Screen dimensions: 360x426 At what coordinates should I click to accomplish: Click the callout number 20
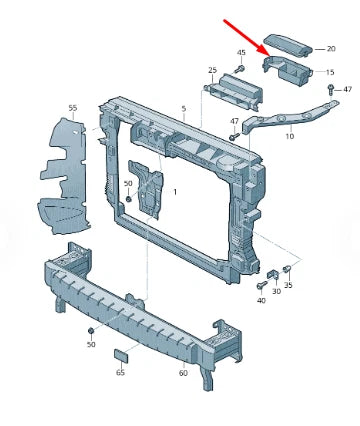331,49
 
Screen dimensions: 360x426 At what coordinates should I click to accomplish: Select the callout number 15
330,72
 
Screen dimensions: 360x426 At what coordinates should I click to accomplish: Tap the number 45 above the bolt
241,53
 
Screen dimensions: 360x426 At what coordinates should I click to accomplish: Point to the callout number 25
212,70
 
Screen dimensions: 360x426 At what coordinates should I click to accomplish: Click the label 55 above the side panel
73,108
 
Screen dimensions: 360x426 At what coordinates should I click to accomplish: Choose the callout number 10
290,136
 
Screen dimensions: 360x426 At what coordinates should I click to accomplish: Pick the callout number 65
120,372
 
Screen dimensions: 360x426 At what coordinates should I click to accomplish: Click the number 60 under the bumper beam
183,373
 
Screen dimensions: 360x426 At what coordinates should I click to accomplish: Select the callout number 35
288,285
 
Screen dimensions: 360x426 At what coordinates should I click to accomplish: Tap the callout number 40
261,300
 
